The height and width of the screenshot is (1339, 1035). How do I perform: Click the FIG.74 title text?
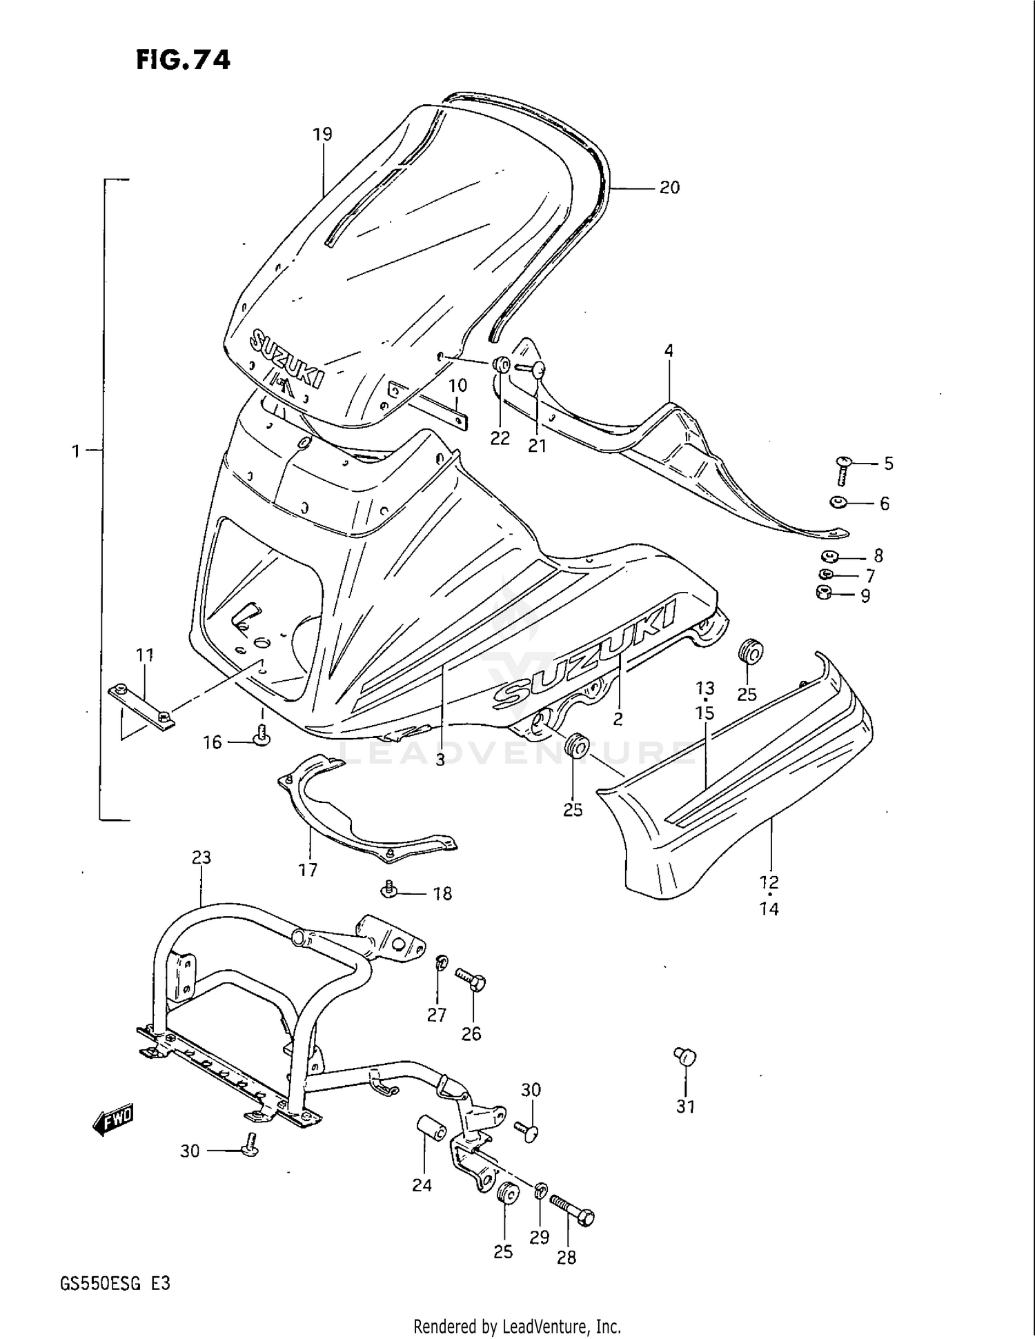[183, 61]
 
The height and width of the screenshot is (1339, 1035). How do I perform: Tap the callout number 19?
[322, 135]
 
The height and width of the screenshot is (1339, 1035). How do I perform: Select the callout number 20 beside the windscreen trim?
[669, 188]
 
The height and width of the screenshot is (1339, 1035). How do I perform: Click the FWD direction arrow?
[113, 1120]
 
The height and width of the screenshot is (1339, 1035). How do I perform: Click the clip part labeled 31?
[685, 1056]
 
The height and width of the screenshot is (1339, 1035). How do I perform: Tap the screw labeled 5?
[843, 469]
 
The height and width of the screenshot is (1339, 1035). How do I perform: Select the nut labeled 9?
[823, 592]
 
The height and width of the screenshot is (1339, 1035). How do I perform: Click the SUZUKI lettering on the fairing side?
[583, 655]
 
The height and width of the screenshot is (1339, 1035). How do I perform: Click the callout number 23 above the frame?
[201, 857]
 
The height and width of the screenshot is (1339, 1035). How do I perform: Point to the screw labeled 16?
[262, 735]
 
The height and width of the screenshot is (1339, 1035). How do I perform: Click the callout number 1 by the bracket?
[76, 451]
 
